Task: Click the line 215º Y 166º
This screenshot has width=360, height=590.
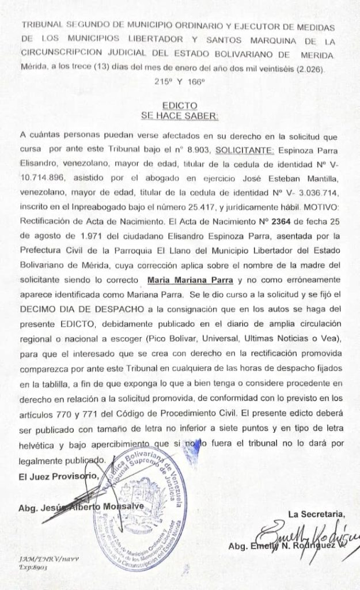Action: point(179,82)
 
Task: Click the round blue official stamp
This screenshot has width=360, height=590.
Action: point(142,508)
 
